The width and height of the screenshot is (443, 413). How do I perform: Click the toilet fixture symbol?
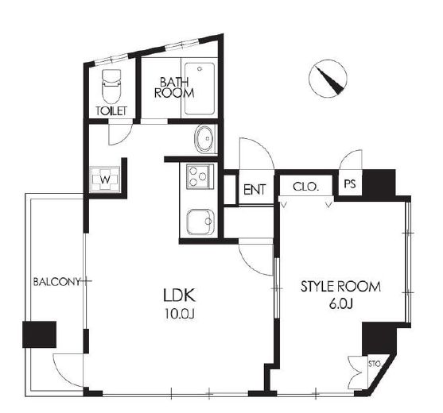pyautogui.click(x=111, y=87)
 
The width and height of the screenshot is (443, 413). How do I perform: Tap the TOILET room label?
pyautogui.click(x=111, y=111)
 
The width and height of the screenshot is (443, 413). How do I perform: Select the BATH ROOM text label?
pyautogui.click(x=174, y=87)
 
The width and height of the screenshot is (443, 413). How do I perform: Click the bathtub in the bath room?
pyautogui.click(x=199, y=89)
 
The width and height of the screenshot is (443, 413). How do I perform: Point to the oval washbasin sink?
pyautogui.click(x=204, y=138)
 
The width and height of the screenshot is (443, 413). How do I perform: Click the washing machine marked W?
pyautogui.click(x=105, y=179)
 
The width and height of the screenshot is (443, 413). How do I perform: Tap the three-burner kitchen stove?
pyautogui.click(x=198, y=177)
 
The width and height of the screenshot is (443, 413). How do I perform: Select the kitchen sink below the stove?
pyautogui.click(x=200, y=222)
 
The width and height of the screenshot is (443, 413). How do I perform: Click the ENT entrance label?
pyautogui.click(x=255, y=190)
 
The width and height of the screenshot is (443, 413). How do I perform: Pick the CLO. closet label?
pyautogui.click(x=305, y=187)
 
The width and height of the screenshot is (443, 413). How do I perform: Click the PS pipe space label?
pyautogui.click(x=350, y=184)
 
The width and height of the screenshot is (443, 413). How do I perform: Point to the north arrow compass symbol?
pyautogui.click(x=328, y=79)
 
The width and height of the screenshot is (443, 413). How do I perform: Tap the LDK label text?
pyautogui.click(x=179, y=295)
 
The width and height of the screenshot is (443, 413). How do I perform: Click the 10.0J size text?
pyautogui.click(x=180, y=314)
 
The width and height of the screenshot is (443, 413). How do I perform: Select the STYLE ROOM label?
pyautogui.click(x=340, y=287)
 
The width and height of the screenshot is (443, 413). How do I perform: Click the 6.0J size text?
pyautogui.click(x=340, y=304)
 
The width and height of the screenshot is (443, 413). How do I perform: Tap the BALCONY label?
pyautogui.click(x=57, y=282)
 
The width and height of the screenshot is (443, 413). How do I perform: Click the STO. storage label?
pyautogui.click(x=375, y=364)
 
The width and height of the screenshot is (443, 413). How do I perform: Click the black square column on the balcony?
pyautogui.click(x=39, y=334)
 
